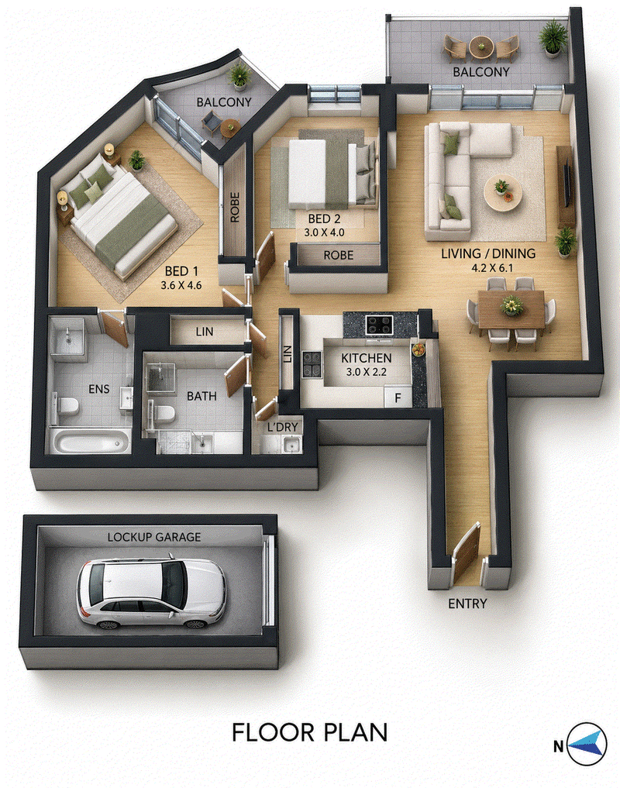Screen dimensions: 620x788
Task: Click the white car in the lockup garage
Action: coord(151,593)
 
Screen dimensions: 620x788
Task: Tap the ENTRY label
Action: coord(467,604)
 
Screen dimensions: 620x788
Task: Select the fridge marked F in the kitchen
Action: coord(398,397)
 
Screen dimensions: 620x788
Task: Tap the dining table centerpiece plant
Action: coord(512,305)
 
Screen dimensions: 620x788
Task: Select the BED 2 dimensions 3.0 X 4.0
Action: coord(324,232)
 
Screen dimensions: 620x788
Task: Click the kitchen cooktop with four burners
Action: coord(380,325)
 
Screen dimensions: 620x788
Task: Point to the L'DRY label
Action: coord(283,427)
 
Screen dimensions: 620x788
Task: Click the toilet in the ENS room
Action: coord(67,405)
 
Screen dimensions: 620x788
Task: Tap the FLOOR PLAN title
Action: coord(310,733)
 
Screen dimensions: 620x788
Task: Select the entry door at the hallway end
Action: coord(465,552)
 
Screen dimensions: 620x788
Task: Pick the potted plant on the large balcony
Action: coord(553,36)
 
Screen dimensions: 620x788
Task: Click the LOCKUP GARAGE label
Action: coord(154,537)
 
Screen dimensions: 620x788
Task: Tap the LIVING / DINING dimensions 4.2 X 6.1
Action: coord(492,268)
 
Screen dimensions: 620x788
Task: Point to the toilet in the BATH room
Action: coord(163,413)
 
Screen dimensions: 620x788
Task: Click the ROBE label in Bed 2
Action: coord(339,255)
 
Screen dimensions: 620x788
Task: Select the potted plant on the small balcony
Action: coord(239,75)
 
